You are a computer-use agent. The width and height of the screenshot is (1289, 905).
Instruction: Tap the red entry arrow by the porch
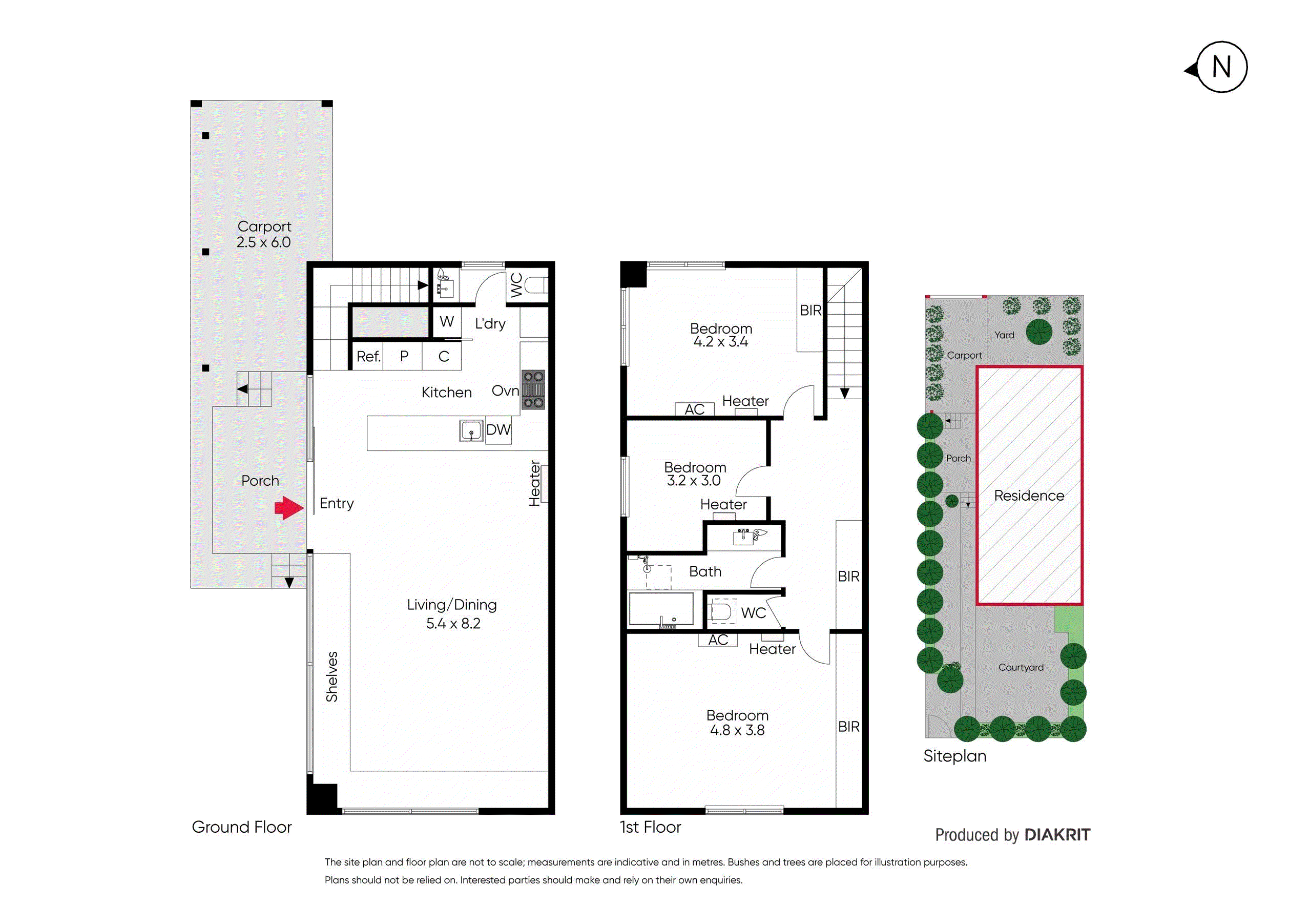(x=288, y=507)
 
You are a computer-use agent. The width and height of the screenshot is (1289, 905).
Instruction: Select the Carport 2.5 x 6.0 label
(x=264, y=234)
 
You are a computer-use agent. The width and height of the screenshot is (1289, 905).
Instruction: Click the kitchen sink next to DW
(x=471, y=430)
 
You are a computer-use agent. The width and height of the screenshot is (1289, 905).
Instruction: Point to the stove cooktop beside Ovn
(x=533, y=388)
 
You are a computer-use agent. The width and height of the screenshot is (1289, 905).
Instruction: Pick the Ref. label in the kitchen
(x=368, y=357)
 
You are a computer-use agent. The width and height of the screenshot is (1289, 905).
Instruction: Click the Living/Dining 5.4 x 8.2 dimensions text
(x=453, y=623)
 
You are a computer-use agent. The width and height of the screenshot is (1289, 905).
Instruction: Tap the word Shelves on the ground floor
(x=332, y=676)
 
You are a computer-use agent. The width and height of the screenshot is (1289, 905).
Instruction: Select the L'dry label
(x=490, y=323)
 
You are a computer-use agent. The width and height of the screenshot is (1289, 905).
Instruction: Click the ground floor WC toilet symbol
(x=536, y=285)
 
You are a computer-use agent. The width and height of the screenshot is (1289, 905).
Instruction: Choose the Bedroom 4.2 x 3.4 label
(x=721, y=335)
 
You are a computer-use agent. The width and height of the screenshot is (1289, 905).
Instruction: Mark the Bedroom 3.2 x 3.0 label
(x=695, y=474)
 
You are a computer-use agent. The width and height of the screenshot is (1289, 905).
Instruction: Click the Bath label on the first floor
(x=705, y=571)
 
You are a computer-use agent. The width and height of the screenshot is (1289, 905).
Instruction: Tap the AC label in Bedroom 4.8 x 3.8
(x=718, y=640)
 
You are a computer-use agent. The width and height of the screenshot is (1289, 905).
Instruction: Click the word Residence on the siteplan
(x=1029, y=496)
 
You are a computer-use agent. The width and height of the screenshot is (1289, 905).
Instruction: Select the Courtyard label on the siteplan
(x=1021, y=668)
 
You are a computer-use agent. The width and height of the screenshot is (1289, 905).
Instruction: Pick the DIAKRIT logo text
(x=1057, y=835)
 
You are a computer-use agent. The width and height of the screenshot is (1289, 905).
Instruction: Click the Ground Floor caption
(x=242, y=827)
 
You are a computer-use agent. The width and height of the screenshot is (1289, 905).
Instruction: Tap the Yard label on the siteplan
(x=1004, y=335)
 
